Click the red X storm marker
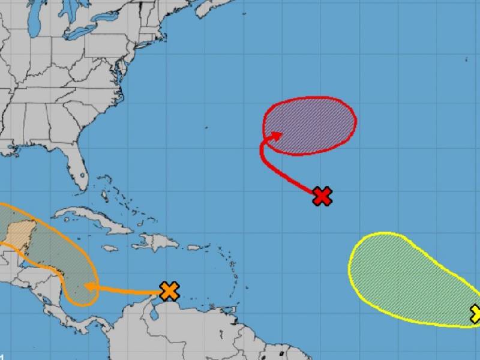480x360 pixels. click(323, 196)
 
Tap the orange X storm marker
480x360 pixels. click(170, 291)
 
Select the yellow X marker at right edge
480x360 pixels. click(476, 313)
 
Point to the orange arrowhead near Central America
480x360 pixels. click(89, 286)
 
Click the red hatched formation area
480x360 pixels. click(312, 123)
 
